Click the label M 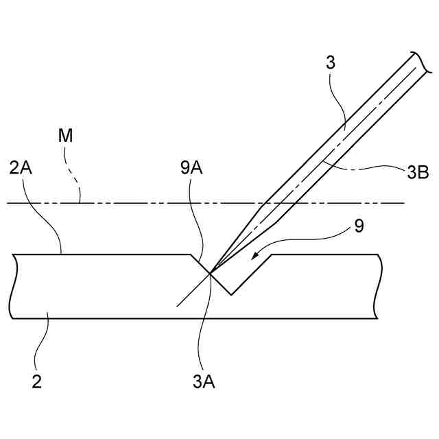pos(66,137)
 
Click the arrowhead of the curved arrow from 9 pos(254,258)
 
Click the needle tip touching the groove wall pos(211,273)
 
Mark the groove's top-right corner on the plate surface pos(274,254)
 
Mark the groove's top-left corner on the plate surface pos(191,254)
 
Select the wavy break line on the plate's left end pos(12,286)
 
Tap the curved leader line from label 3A pos(200,322)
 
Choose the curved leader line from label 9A pos(199,219)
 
